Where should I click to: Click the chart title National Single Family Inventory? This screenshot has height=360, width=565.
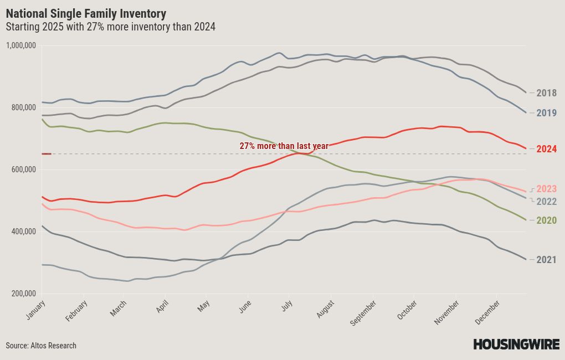[86, 14]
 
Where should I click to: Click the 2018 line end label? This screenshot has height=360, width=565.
[546, 93]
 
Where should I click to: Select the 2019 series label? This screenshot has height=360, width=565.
[546, 113]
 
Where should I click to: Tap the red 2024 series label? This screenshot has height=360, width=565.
[546, 149]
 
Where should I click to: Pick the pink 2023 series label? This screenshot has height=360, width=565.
[546, 188]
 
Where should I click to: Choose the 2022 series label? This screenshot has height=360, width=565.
[546, 202]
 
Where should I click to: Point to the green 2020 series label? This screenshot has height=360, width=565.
[546, 220]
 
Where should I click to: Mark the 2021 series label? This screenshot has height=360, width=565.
[546, 259]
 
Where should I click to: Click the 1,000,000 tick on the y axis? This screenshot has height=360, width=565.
[21, 45]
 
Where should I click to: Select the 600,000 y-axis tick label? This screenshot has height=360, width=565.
[24, 169]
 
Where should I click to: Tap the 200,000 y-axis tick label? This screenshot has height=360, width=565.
[24, 294]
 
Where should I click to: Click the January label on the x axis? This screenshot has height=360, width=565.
[35, 310]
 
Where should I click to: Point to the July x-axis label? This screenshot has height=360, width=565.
[287, 306]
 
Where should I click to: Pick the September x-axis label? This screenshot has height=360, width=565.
[363, 313]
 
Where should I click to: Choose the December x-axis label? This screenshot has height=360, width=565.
[487, 312]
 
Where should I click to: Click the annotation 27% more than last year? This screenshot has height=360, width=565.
[284, 146]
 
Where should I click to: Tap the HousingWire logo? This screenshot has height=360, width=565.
[516, 344]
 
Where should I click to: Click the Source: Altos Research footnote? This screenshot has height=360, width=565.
[41, 346]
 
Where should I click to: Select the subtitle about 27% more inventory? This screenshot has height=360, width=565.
[111, 27]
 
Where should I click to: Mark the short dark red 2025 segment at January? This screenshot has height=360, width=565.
[47, 154]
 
